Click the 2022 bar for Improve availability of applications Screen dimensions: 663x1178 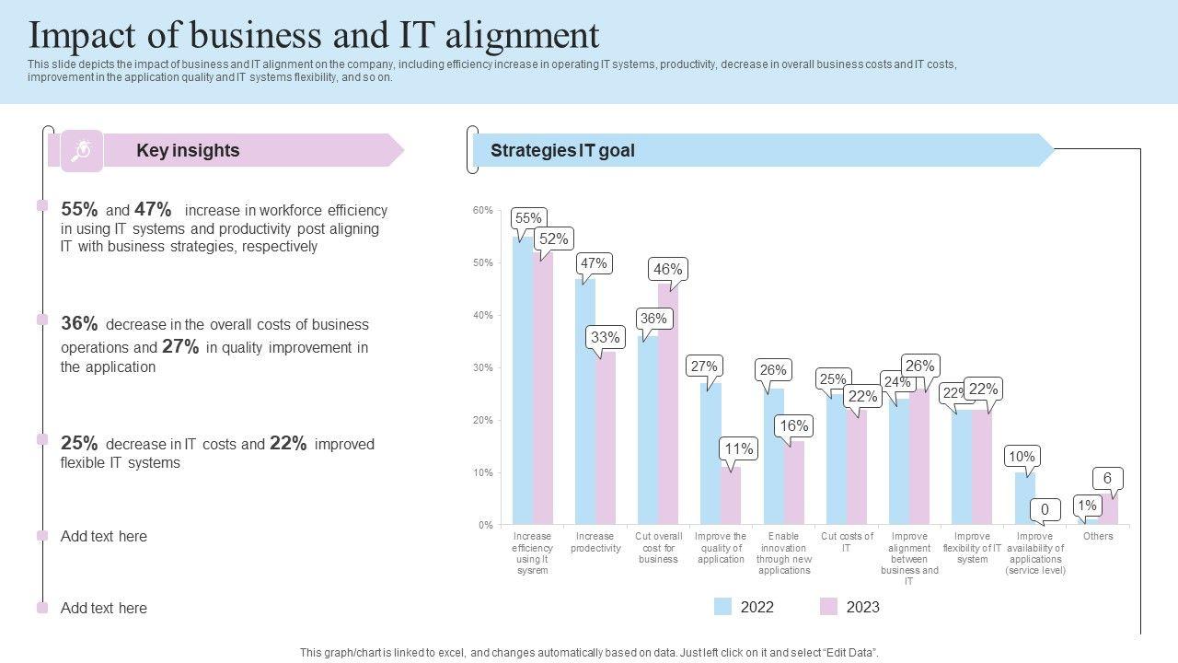pos(1024,498)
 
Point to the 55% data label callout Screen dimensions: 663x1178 pos(528,218)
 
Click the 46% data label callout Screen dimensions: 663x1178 pos(667,269)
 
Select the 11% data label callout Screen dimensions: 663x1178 pos(739,448)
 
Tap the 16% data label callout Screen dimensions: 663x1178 pos(793,425)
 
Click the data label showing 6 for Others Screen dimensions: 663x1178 pos(1107,478)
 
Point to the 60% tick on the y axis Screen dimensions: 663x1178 pos(483,211)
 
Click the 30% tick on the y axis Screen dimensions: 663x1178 pos(483,368)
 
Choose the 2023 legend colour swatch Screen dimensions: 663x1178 pos(829,607)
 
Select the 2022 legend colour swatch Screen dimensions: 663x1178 pos(723,607)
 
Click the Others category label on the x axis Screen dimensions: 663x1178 pos(1098,536)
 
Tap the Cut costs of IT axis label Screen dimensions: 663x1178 pos(847,542)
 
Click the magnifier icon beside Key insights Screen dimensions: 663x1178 pos(82,150)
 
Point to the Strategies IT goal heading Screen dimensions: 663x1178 pos(562,150)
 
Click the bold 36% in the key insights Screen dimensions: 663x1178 pos(79,323)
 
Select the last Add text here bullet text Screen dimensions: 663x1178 pos(104,608)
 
